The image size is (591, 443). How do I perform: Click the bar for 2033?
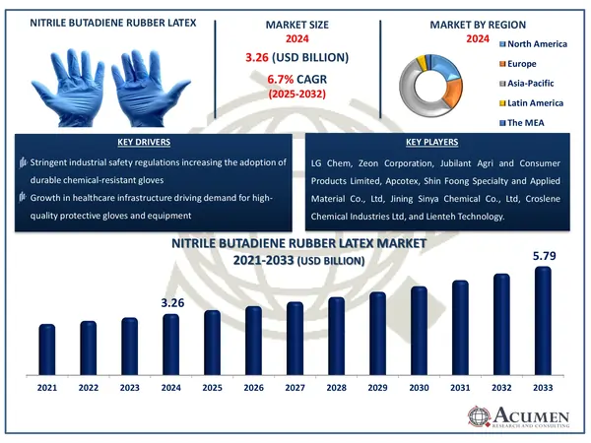tap(543, 320)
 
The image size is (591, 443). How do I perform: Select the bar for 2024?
tap(171, 344)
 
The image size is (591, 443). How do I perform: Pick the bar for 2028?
tap(336, 336)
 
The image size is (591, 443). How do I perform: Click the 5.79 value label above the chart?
tap(544, 256)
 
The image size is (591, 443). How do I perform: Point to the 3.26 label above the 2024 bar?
tap(172, 303)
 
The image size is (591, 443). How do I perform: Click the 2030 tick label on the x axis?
tap(419, 389)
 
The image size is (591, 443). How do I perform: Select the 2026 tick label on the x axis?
tap(254, 389)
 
